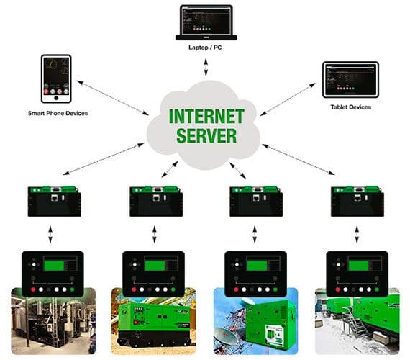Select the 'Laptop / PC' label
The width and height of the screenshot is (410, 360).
(205, 48)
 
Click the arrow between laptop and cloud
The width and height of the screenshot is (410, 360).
(205, 67)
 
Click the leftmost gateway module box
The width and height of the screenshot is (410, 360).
(53, 201)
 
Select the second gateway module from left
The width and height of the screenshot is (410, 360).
(155, 201)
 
